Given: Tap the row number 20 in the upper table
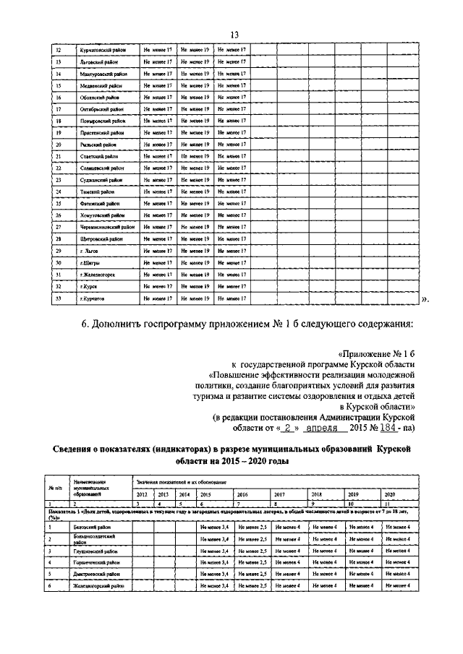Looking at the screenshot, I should point(58,145).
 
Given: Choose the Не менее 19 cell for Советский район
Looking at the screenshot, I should point(195,156).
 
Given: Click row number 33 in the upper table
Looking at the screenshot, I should point(58,298).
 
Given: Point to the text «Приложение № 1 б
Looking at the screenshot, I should point(378,354).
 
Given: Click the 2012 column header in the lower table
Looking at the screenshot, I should point(143,494).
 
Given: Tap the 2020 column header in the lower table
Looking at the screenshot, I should point(390,494).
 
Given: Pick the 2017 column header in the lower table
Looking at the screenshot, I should point(279,494).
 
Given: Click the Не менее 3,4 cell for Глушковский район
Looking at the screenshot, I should point(214,551).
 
